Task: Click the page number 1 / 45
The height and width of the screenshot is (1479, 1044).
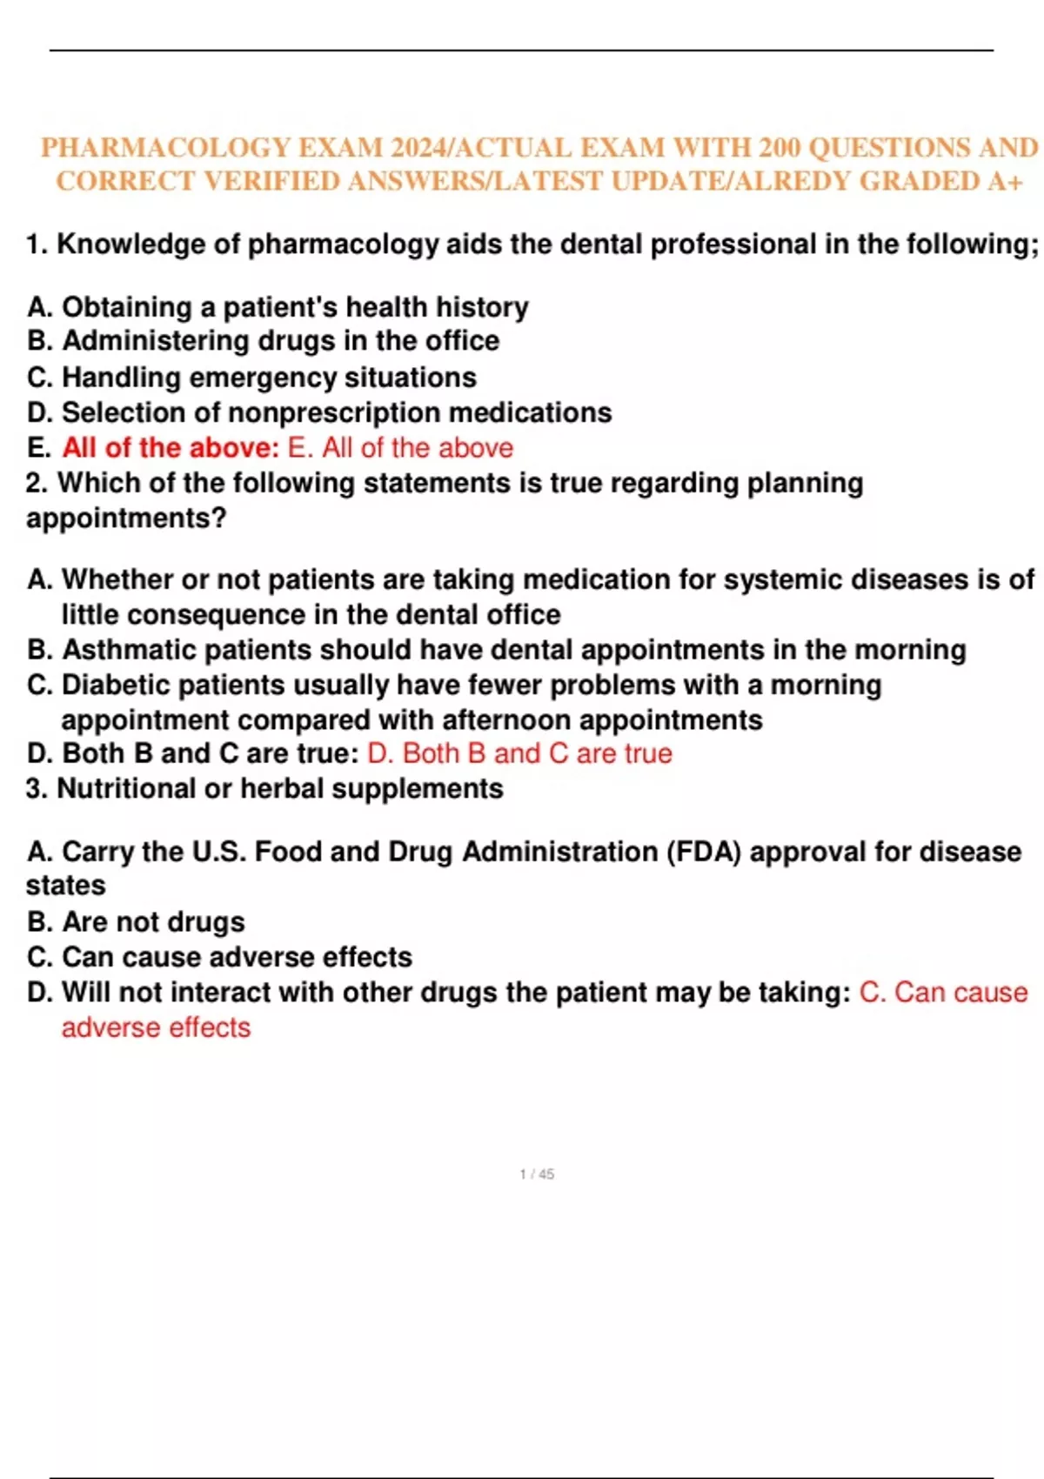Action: coord(537,1174)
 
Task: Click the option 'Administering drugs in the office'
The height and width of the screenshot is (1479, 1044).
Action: coord(280,341)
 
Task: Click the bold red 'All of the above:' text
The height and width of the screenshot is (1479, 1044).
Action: coord(171,448)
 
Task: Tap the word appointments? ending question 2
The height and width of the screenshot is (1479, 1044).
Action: coord(126,519)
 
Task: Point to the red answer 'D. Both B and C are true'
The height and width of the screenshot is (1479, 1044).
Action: coord(519,753)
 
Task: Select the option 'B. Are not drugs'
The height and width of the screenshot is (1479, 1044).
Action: coord(136,922)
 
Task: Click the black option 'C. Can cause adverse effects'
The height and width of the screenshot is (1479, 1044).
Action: coord(219,957)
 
